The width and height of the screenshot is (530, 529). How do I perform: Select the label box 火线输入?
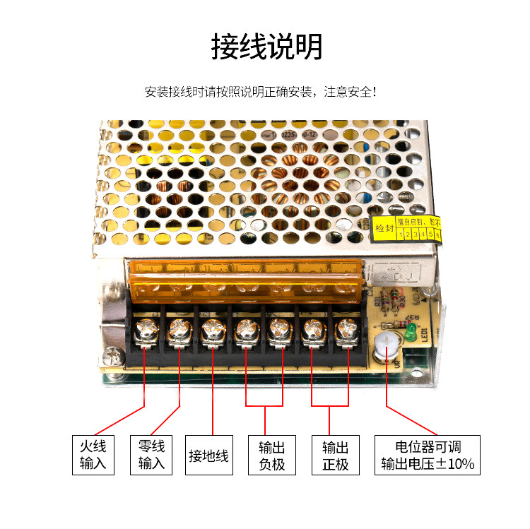(x=93, y=455)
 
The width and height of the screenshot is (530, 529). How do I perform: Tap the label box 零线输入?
(x=151, y=455)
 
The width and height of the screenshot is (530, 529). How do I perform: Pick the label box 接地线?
(x=208, y=456)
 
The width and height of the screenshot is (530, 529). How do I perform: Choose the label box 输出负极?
(x=272, y=456)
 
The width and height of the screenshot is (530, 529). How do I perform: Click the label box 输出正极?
(x=336, y=456)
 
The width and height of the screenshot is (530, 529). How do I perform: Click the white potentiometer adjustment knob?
(x=386, y=343)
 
